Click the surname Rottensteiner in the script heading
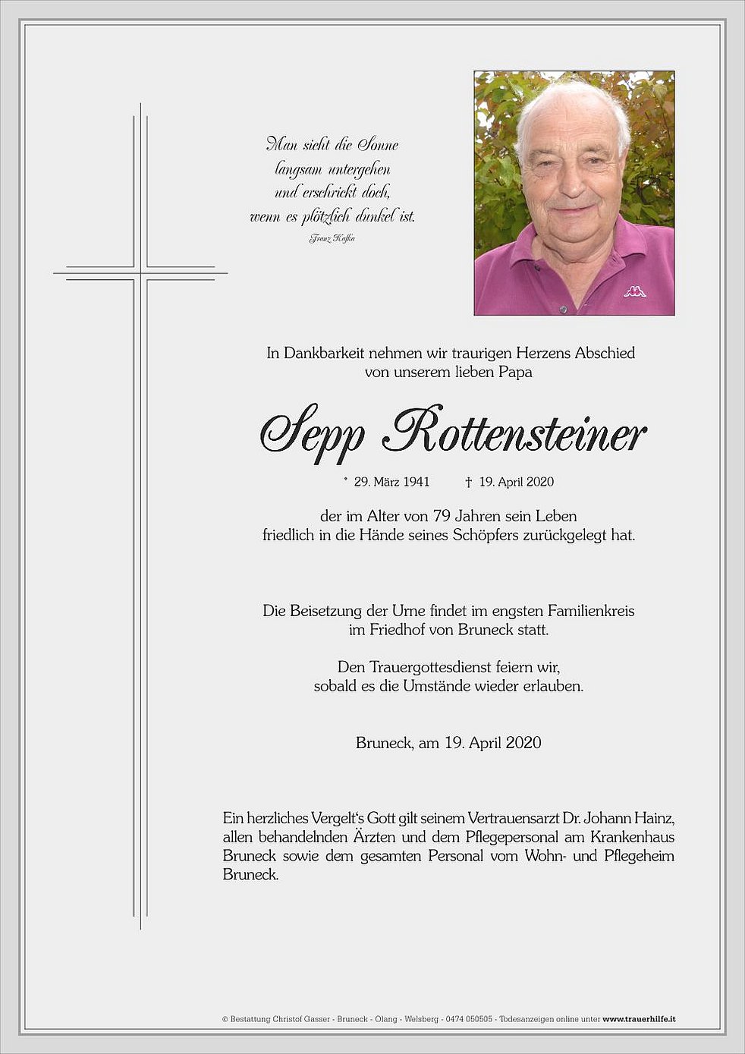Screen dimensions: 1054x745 click(x=516, y=433)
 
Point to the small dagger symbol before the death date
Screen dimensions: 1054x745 click(x=469, y=482)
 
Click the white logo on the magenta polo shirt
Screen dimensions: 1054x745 click(x=635, y=290)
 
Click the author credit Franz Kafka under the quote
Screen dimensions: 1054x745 click(x=332, y=238)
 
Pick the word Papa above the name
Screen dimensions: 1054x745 click(x=516, y=372)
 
